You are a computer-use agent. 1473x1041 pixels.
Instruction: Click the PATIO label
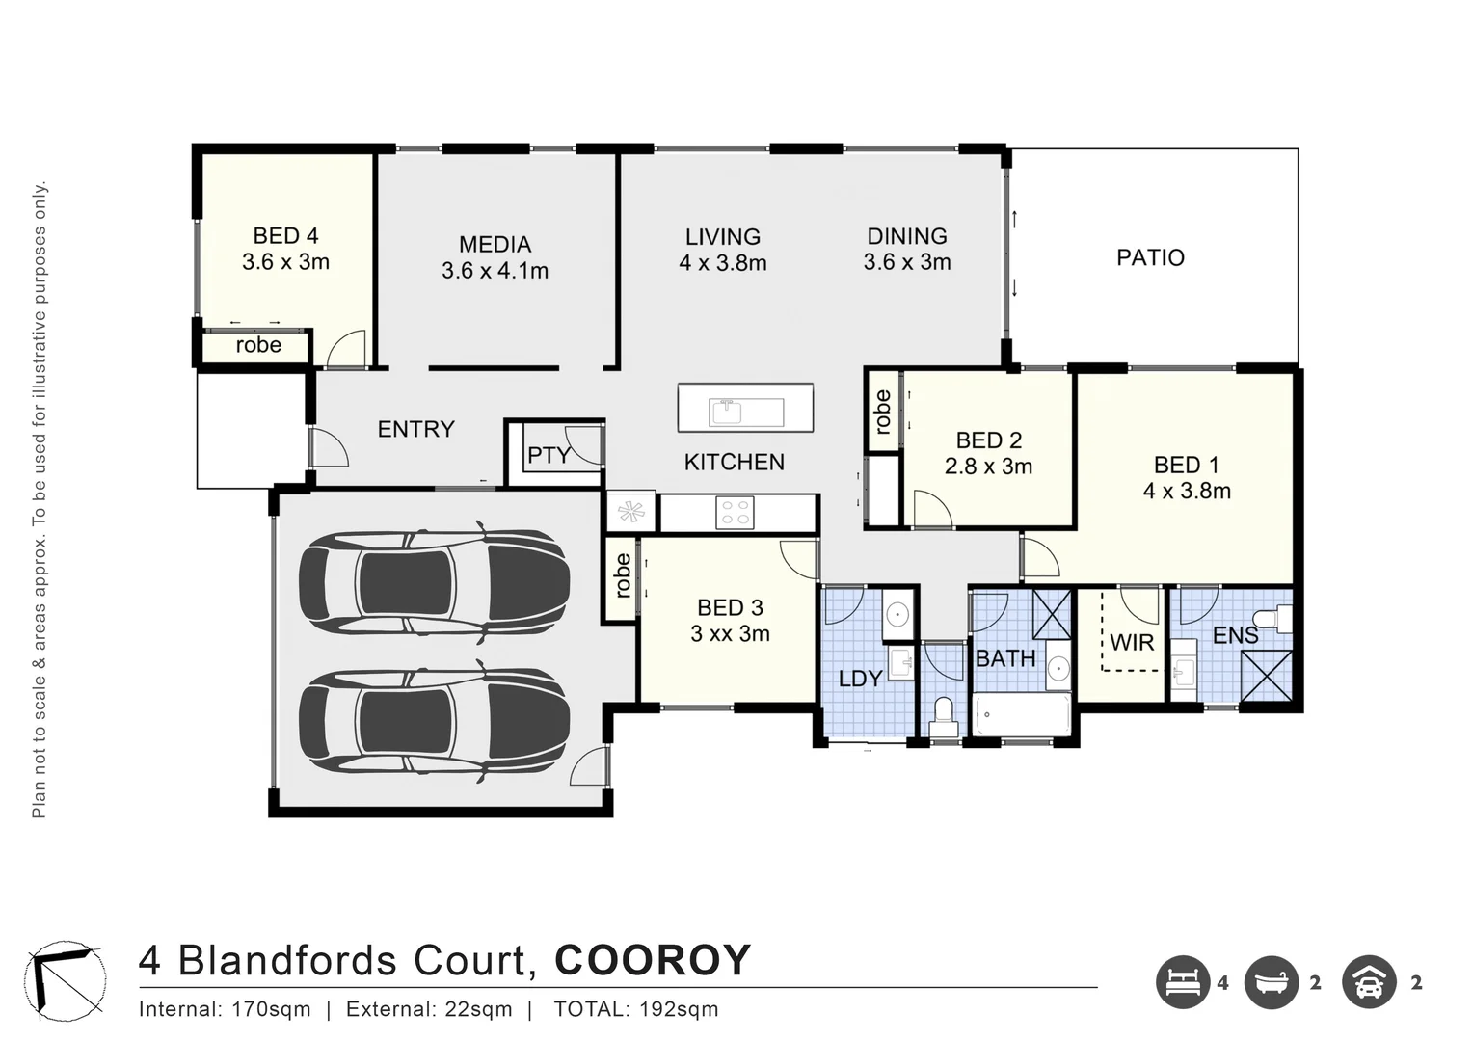pyautogui.click(x=1150, y=257)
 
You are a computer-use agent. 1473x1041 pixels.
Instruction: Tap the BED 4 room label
pyautogui.click(x=285, y=235)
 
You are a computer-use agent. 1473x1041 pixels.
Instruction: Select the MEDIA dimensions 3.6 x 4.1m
pyautogui.click(x=495, y=272)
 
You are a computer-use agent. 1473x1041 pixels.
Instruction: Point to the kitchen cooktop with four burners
pyautogui.click(x=735, y=512)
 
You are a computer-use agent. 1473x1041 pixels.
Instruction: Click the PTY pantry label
pyautogui.click(x=549, y=455)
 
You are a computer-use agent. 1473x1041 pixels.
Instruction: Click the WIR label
pyautogui.click(x=1132, y=642)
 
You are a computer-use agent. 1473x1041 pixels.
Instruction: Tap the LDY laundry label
pyautogui.click(x=860, y=679)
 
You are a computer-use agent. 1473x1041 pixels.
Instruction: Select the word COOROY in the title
pyautogui.click(x=653, y=960)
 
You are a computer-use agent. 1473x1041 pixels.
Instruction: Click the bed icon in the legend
pyautogui.click(x=1183, y=983)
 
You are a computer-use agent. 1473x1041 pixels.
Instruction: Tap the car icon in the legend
pyautogui.click(x=1369, y=983)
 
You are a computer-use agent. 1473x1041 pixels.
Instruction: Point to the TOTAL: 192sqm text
pyautogui.click(x=635, y=1010)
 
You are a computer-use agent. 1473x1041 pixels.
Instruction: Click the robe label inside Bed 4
pyautogui.click(x=258, y=345)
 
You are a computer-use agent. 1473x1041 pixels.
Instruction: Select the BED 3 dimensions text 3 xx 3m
pyautogui.click(x=730, y=633)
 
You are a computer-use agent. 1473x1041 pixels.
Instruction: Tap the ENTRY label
pyautogui.click(x=415, y=429)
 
